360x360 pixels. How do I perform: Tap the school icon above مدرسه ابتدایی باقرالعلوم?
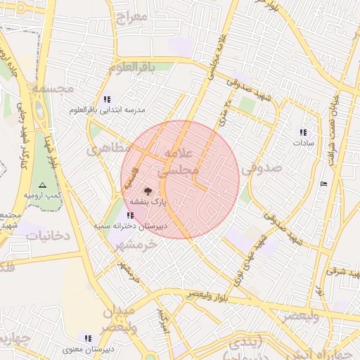click(107, 100)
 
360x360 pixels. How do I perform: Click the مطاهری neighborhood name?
click(109, 149)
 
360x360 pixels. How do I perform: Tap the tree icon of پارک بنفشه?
click(148, 191)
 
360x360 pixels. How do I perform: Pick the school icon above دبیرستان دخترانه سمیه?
click(129, 215)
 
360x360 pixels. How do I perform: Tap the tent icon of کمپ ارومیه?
click(42, 184)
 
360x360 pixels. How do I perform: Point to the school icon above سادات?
click(303, 132)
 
